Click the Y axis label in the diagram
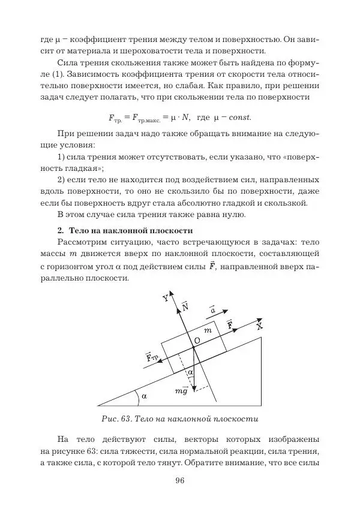point(166,298)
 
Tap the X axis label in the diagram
point(259,327)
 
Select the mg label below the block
point(181,391)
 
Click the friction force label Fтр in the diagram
point(152,358)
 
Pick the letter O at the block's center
point(196,340)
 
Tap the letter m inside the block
point(208,330)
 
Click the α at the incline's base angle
point(144,396)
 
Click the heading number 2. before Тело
point(61,230)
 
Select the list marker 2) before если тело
point(61,179)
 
